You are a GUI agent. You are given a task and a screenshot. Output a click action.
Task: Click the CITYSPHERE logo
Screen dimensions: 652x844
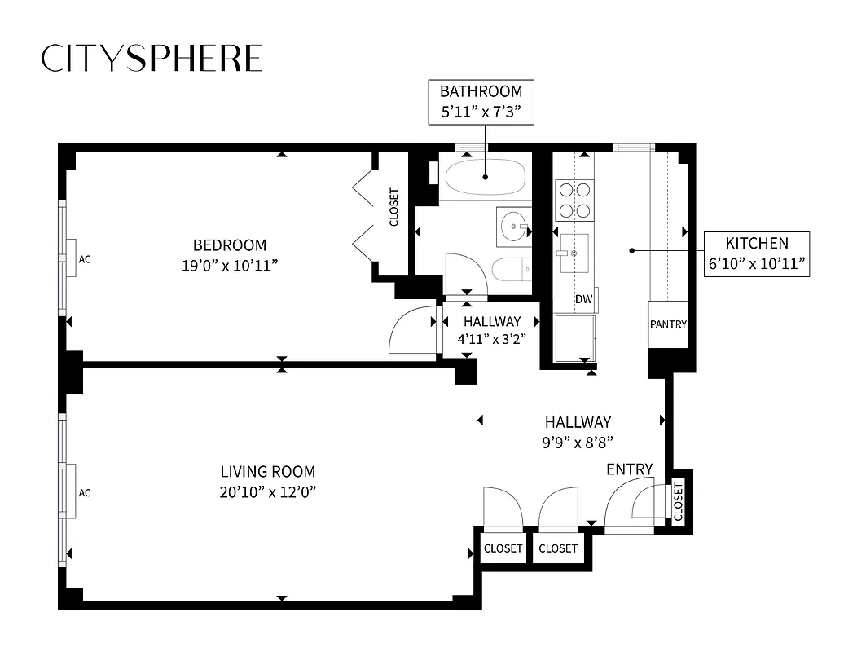152,58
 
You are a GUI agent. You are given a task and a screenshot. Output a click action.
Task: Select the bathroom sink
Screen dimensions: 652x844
514,226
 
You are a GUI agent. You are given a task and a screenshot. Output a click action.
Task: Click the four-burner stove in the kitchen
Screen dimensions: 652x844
574,200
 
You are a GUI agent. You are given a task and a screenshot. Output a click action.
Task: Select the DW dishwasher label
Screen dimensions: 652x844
583,299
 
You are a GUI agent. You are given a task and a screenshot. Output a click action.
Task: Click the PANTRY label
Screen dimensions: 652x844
668,324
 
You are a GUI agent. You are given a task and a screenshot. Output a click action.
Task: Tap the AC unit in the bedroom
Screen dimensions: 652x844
72,259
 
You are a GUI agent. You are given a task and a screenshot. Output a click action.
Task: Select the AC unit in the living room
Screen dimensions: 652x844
72,492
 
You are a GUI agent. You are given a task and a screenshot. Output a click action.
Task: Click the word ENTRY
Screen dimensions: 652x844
630,469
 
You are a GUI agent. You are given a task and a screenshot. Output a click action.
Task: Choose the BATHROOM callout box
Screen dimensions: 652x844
481,102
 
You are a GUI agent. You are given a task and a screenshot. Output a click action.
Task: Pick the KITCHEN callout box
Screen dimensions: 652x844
757,253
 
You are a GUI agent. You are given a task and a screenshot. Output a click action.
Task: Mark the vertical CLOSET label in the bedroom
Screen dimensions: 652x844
393,208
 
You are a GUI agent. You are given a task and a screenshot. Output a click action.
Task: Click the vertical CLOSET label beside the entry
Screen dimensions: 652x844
678,502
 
